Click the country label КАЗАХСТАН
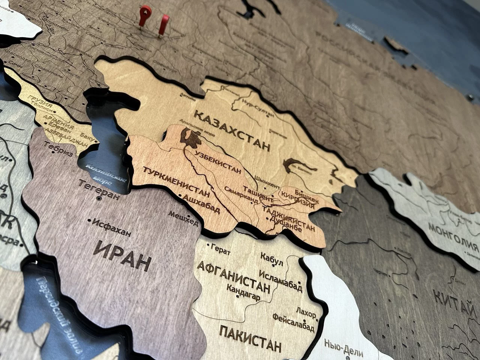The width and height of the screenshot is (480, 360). click(x=232, y=129)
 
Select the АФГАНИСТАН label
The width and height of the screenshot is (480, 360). click(x=233, y=278)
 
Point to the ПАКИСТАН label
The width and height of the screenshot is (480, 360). click(x=250, y=338)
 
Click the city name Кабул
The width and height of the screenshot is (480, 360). click(x=271, y=259)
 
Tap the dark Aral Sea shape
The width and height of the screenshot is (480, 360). click(x=192, y=138)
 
